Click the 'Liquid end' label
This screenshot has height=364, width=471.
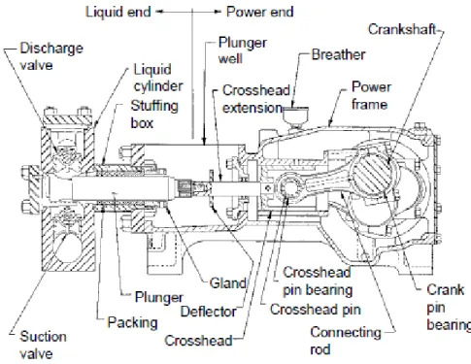coord(118,12)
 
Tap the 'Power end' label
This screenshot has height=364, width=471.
coord(260,12)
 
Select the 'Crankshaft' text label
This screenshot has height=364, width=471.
coord(402,29)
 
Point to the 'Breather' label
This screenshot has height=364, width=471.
coord(338,54)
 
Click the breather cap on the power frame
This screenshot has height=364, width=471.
coord(295,115)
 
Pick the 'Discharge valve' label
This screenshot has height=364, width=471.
coord(51,56)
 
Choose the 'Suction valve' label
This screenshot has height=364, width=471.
coord(44,345)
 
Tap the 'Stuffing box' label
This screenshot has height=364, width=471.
coord(154,115)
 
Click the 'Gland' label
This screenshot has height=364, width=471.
coord(228,283)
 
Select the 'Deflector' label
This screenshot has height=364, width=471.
coord(209,312)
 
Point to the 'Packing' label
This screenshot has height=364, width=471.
coord(132,322)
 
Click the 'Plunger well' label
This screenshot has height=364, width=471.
coord(243,50)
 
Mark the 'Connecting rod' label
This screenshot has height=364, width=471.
coord(346,341)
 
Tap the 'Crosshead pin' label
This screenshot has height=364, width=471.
coord(316,310)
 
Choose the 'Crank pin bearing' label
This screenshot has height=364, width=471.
coord(449,307)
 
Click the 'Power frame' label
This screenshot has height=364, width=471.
coord(371,95)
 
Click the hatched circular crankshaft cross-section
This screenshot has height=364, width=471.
coord(371,173)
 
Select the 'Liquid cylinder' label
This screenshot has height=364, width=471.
coord(158,78)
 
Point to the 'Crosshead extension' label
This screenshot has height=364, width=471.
coord(256,99)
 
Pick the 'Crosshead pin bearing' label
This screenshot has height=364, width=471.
coord(318,281)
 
